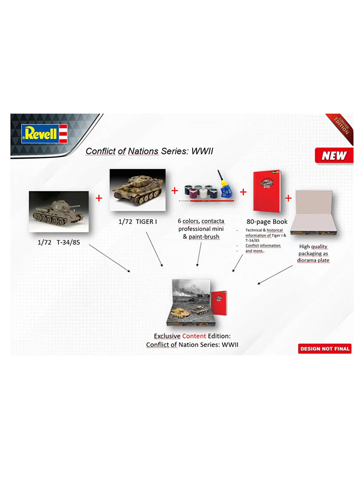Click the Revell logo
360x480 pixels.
44,133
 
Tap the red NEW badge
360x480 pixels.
334,156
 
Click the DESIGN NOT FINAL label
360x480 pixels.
324,349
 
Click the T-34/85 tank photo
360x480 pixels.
59,211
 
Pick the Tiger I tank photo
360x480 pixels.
137,190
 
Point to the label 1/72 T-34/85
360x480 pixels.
59,242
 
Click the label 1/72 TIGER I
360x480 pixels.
137,222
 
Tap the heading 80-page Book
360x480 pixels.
267,222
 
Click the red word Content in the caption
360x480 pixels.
194,336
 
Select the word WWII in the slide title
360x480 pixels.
202,151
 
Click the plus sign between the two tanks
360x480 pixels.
99,198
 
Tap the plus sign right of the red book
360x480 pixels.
288,198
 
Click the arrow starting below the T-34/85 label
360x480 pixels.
109,258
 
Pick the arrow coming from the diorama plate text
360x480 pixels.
275,275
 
